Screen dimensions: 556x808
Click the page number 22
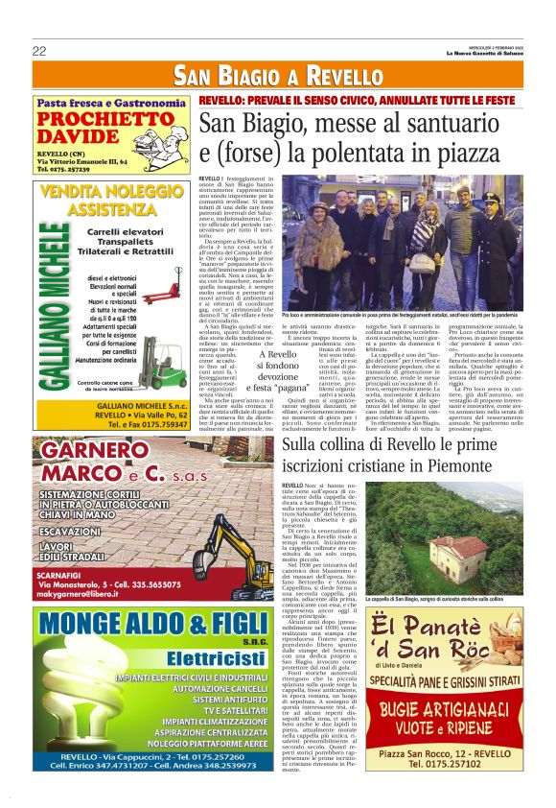(x=39, y=51)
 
